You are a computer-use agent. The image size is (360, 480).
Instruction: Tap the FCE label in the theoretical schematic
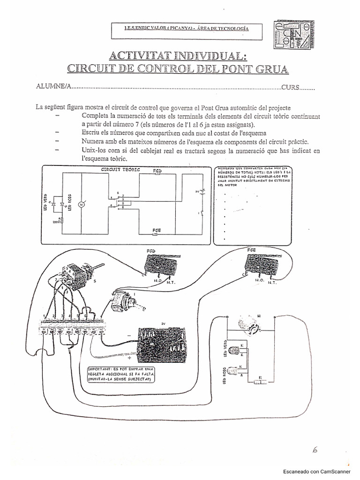coord(157,230)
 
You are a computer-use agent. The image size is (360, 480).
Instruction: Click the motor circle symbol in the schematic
coord(80,204)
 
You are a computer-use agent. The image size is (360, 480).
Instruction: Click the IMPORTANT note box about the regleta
coord(120,376)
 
